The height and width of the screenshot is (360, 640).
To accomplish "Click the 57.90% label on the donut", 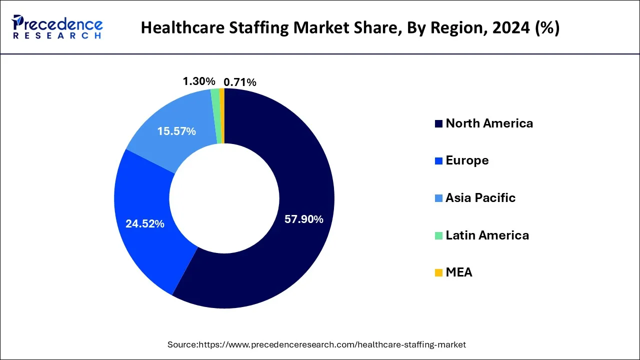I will pos(303,219).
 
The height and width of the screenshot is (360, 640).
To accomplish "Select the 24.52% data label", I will pos(145,224).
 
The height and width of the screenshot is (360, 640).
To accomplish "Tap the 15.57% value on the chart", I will pos(176,131).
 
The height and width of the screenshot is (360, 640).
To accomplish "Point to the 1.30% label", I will pos(199,81).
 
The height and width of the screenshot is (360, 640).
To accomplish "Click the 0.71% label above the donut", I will pos(240,82).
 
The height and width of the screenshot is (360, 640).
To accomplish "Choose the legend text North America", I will pos(489,123).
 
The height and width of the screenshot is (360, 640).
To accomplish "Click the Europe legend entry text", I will pos(467,160).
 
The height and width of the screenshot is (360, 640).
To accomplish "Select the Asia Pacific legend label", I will pos(480,198).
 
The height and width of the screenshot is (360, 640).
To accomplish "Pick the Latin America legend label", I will pos(487,235).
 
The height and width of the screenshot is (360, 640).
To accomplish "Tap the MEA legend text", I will pos(458,272).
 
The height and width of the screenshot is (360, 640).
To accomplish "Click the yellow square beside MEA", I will pos(438,273).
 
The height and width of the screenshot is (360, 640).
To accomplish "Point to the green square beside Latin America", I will pos(438,235).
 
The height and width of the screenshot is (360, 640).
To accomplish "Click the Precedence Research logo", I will pos(57,27).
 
